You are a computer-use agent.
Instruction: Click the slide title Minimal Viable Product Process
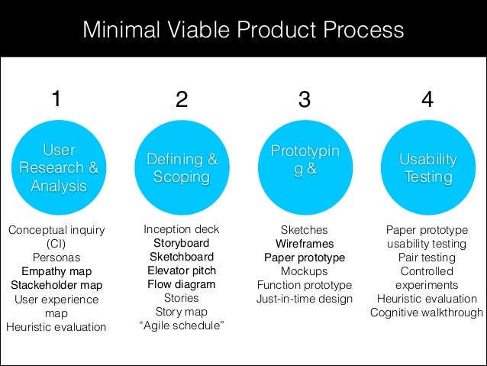click(243, 31)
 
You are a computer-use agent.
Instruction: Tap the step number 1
click(56, 99)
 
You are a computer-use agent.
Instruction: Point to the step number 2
click(181, 100)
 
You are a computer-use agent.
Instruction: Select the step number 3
click(305, 100)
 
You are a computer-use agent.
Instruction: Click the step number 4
click(427, 100)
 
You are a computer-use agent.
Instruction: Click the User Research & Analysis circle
click(59, 167)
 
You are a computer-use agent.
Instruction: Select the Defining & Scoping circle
click(182, 167)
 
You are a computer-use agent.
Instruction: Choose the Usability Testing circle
click(427, 167)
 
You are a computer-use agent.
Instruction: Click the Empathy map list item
click(56, 271)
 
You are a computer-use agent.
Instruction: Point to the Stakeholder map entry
click(56, 285)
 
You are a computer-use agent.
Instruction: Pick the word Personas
click(56, 257)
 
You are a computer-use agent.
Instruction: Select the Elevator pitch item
click(182, 270)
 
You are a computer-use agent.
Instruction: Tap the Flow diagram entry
click(182, 284)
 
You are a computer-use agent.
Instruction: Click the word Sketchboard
click(182, 257)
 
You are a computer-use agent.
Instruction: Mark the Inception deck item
click(182, 229)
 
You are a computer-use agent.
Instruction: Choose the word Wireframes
click(305, 244)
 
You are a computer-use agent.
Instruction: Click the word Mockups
click(305, 271)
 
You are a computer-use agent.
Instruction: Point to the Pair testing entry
click(427, 257)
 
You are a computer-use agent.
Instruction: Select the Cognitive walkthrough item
click(427, 313)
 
